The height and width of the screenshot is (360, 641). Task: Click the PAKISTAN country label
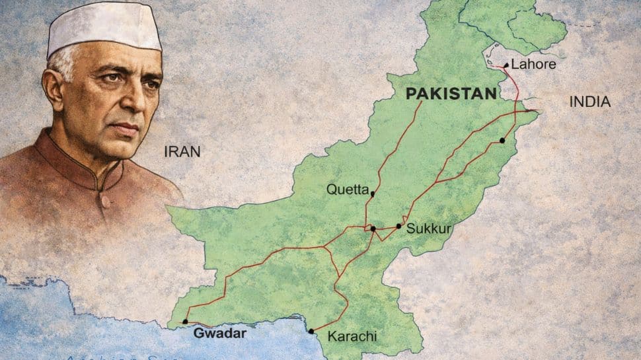point(451,94)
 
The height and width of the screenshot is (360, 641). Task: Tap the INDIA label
point(589,102)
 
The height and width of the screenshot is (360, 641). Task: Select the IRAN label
point(182,152)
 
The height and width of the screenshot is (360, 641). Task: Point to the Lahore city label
point(533,65)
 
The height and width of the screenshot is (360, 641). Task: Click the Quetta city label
point(348,190)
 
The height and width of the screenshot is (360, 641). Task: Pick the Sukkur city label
point(429,229)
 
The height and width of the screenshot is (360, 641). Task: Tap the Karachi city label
point(352,336)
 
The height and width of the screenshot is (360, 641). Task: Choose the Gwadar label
point(219,334)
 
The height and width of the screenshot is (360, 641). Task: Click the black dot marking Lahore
point(506,65)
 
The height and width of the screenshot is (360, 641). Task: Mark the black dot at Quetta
point(373,194)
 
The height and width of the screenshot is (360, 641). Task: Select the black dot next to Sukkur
point(398,226)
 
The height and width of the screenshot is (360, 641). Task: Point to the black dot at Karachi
point(311,331)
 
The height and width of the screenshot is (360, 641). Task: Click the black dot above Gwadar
point(185,322)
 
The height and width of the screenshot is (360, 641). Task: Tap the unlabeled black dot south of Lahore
point(502,140)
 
